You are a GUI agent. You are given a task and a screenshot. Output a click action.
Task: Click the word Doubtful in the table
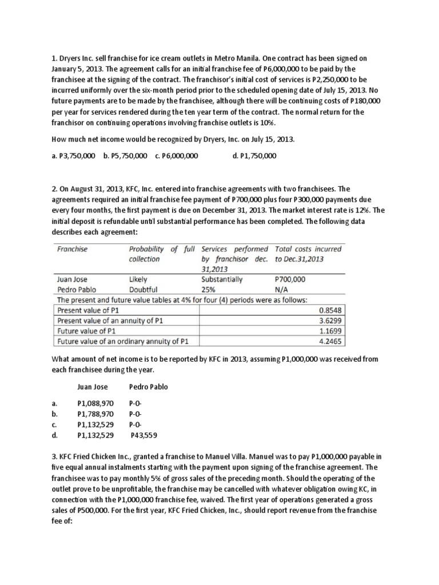[143, 289]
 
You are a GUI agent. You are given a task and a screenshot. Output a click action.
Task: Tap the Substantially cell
[222, 279]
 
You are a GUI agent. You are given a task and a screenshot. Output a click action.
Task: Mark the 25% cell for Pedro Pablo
[209, 289]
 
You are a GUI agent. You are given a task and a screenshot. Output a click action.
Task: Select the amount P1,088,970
[95, 403]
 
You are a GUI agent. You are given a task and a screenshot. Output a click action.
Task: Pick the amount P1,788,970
[95, 414]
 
